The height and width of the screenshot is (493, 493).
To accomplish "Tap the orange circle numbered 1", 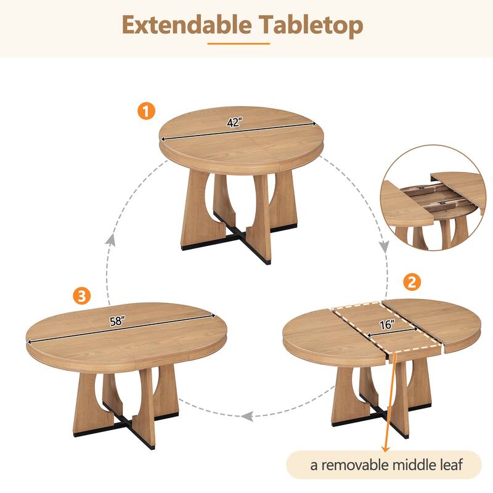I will pos(146,112).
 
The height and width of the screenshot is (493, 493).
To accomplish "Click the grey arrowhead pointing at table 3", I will pos(247,416).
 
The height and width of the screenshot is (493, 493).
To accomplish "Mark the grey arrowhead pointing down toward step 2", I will pos(383,246).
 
